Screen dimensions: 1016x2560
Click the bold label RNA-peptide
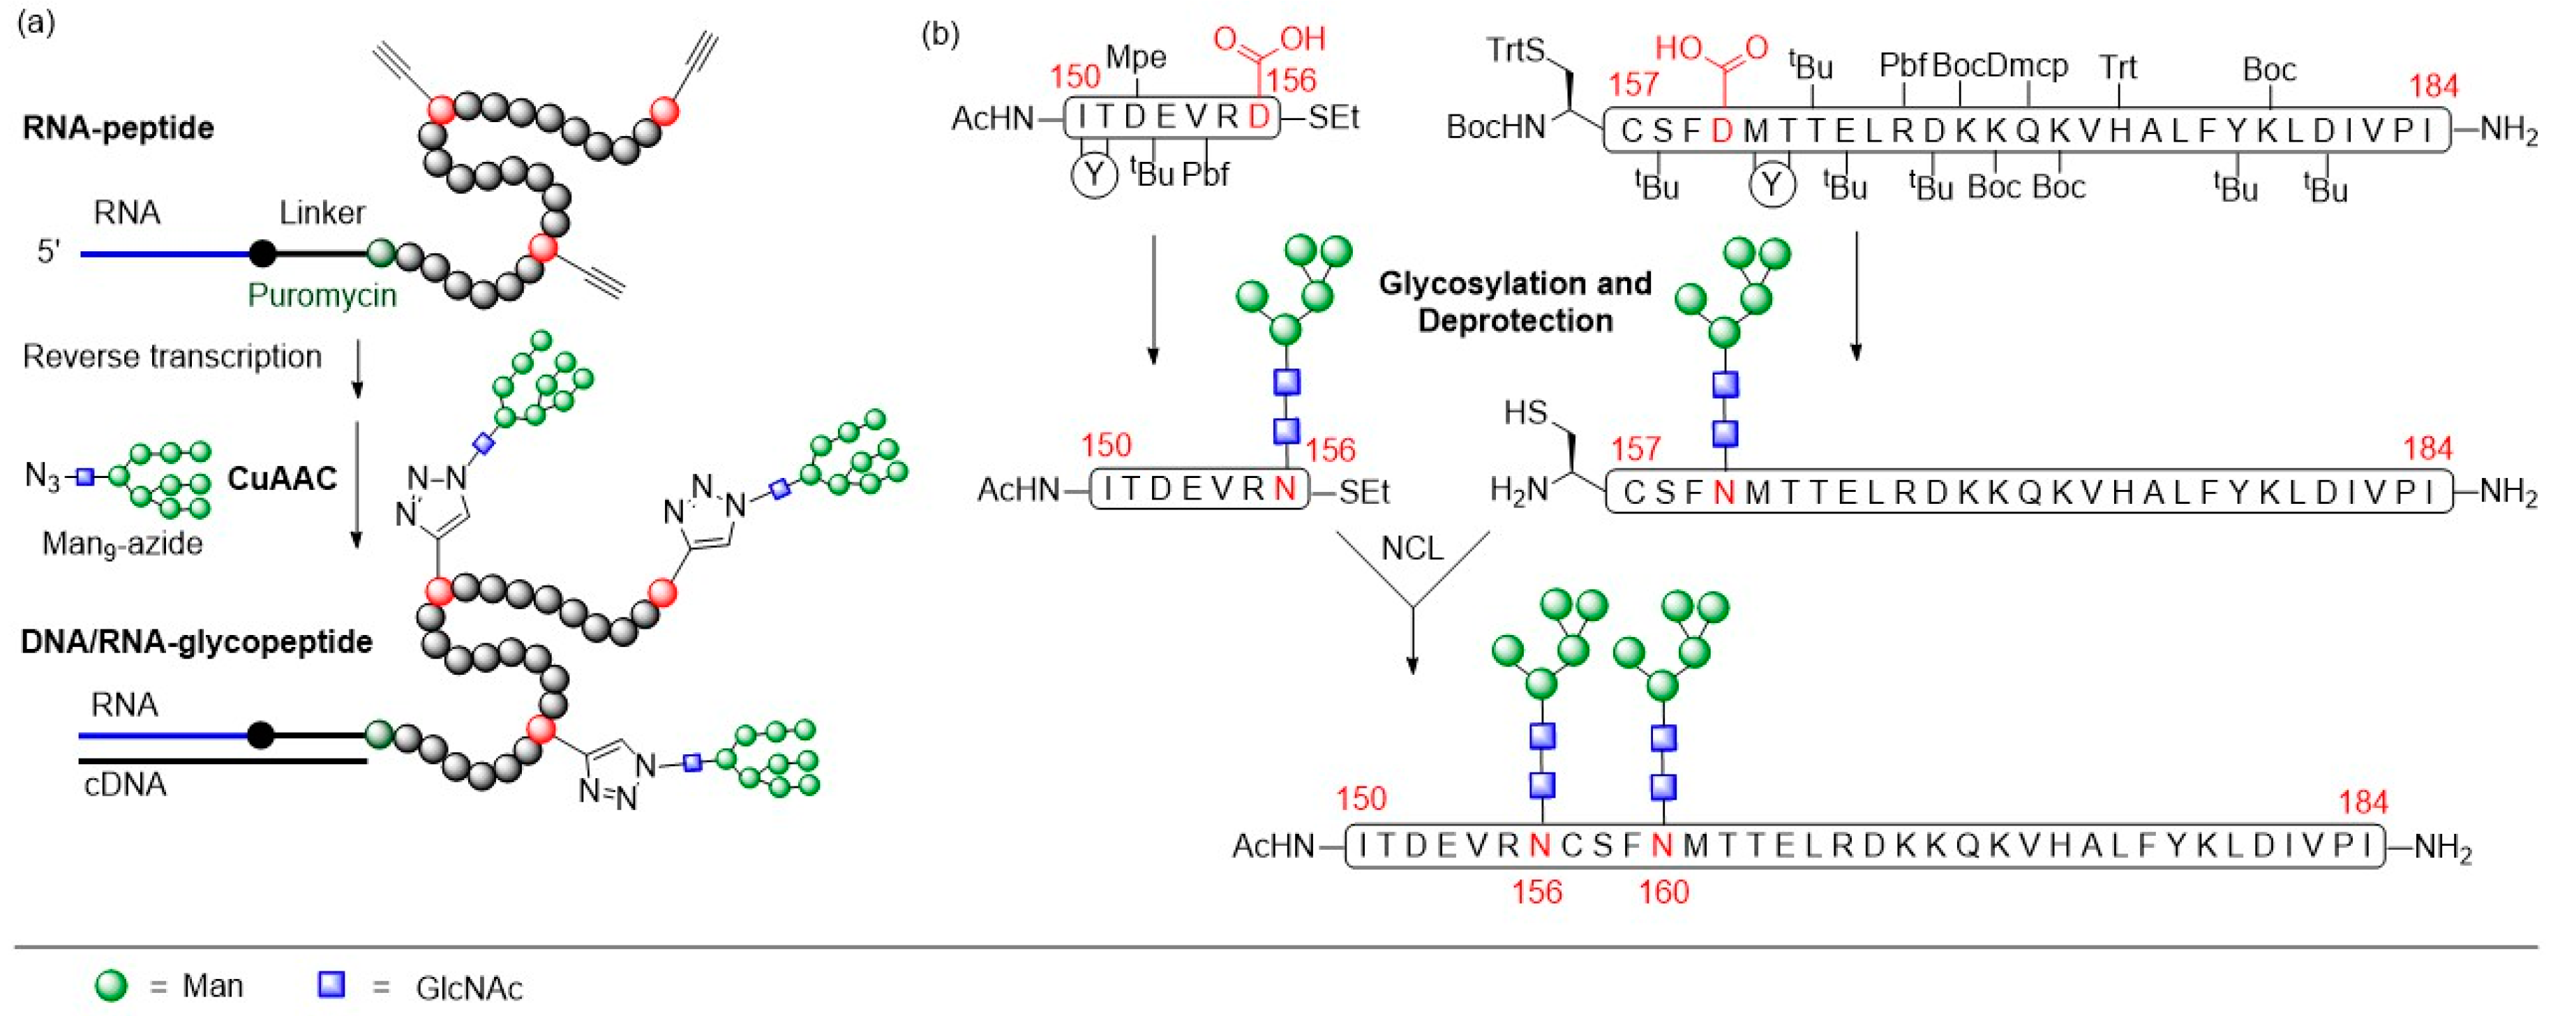pyautogui.click(x=117, y=128)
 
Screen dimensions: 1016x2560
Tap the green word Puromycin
pyautogui.click(x=321, y=295)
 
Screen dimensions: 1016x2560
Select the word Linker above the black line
pyautogui.click(x=321, y=213)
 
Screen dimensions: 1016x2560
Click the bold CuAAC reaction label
pyautogui.click(x=283, y=479)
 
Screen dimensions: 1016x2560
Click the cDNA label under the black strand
pyautogui.click(x=125, y=785)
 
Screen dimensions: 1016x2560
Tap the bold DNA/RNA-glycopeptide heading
pyautogui.click(x=196, y=642)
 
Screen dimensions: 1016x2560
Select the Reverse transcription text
pyautogui.click(x=172, y=357)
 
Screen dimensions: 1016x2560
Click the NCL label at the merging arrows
pyautogui.click(x=1412, y=548)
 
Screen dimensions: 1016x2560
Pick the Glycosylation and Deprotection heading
pyautogui.click(x=1515, y=302)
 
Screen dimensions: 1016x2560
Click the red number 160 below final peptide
pyautogui.click(x=1663, y=892)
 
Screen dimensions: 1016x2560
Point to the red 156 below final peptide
pyautogui.click(x=1536, y=892)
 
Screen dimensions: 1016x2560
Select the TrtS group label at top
pyautogui.click(x=1515, y=50)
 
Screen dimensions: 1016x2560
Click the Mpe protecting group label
pyautogui.click(x=1136, y=58)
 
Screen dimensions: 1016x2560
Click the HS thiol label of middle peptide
pyautogui.click(x=1525, y=412)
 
